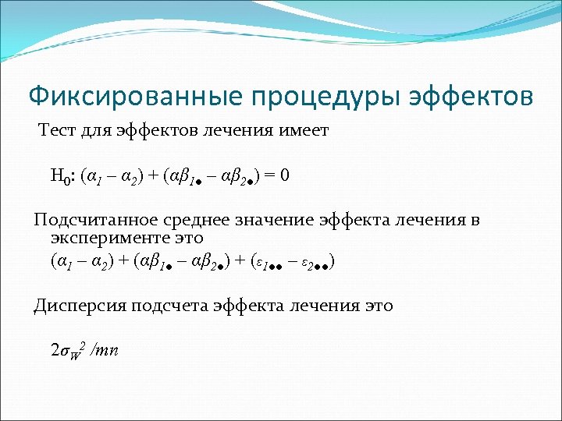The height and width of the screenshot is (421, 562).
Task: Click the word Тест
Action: coord(59,131)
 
